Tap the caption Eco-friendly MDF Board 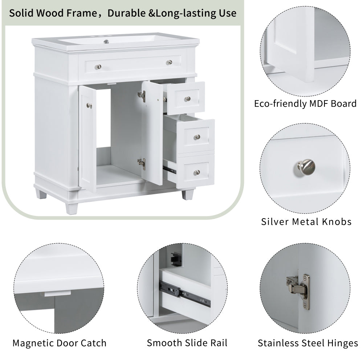[305, 103]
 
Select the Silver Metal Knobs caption [306, 221]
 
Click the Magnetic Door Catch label [60, 343]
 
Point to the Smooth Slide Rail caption [187, 343]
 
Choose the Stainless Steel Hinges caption [308, 343]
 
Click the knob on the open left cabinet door [89, 106]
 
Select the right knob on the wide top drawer [169, 62]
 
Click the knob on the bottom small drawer [196, 172]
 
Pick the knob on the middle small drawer [197, 137]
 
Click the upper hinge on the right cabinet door [142, 96]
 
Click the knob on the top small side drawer [187, 99]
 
